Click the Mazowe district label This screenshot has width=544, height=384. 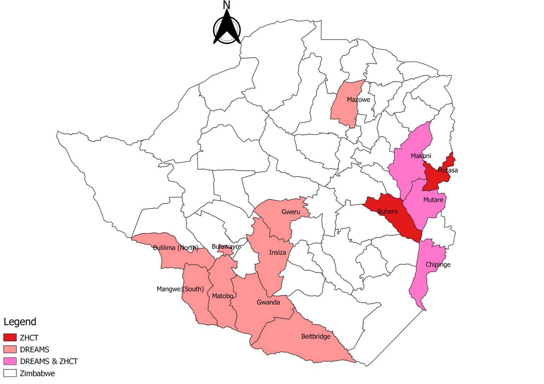click(x=358, y=100)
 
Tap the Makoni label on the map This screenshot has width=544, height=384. click(x=421, y=156)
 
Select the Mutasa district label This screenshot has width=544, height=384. click(x=447, y=170)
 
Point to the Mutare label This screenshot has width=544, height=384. click(x=433, y=200)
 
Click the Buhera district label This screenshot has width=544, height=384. click(x=387, y=211)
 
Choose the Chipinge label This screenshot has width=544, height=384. click(x=438, y=265)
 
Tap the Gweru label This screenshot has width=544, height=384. click(x=291, y=212)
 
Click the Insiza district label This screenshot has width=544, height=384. click(x=277, y=252)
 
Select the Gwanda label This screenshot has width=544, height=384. click(x=268, y=302)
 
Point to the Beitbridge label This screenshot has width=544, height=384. click(x=316, y=337)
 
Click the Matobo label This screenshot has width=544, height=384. click(x=222, y=296)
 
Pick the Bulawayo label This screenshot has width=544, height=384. click(x=225, y=246)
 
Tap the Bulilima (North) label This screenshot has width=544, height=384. click(x=175, y=248)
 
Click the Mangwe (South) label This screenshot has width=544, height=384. click(x=180, y=289)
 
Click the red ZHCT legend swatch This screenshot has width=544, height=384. click(x=10, y=338)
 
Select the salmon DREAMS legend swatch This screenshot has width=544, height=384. click(x=10, y=349)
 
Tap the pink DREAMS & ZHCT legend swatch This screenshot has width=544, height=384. click(x=10, y=361)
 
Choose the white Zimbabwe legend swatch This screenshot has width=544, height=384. click(x=10, y=373)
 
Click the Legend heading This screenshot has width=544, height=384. click(x=20, y=322)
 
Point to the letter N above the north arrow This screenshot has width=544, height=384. click(x=226, y=5)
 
